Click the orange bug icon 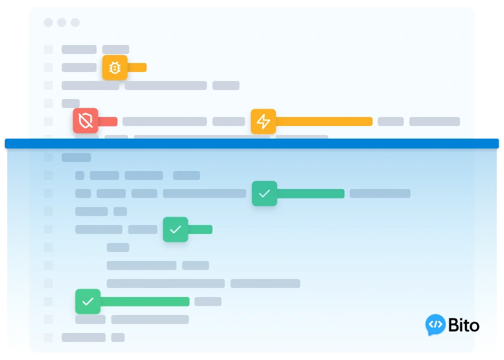click(x=115, y=67)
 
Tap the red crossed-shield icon click(x=85, y=121)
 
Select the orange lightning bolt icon click(x=263, y=121)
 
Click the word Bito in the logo click(x=463, y=325)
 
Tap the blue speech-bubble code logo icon click(x=435, y=325)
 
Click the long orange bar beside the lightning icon click(x=324, y=121)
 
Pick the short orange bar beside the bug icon click(x=137, y=67)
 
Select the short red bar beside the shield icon click(x=107, y=121)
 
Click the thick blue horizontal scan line click(x=251, y=143)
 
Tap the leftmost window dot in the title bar click(x=48, y=23)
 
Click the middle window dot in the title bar click(x=62, y=23)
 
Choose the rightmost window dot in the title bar click(x=75, y=23)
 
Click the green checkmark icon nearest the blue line click(x=265, y=193)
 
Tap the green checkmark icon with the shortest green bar click(x=175, y=229)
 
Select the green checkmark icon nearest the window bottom click(x=88, y=301)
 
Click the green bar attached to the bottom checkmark click(x=145, y=301)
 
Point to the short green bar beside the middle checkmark click(x=200, y=229)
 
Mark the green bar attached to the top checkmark click(x=311, y=193)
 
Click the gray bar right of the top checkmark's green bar click(x=380, y=193)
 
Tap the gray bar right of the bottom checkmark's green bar click(x=208, y=301)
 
